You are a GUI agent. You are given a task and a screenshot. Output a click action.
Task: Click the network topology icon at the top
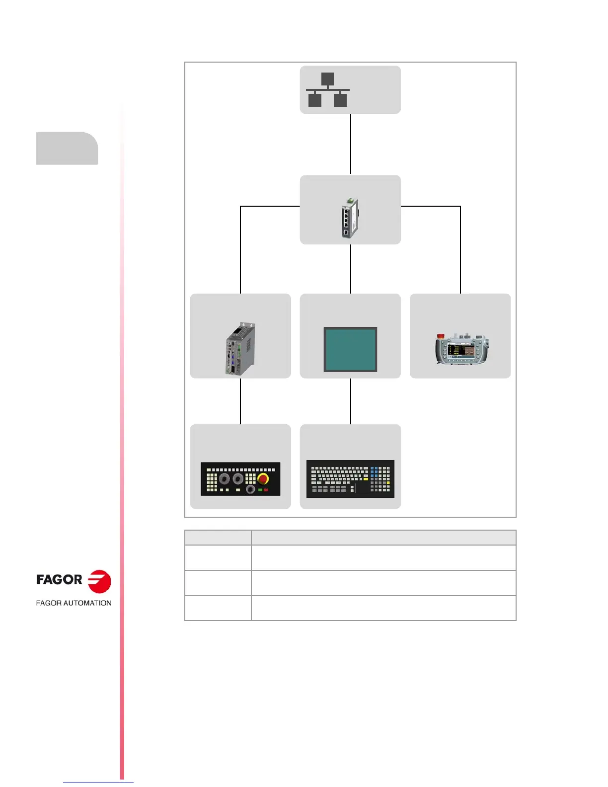tap(327, 90)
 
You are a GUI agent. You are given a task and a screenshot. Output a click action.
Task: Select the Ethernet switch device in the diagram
tap(350, 218)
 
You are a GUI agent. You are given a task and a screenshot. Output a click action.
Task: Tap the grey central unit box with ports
tap(240, 348)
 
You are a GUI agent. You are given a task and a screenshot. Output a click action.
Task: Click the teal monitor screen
tap(350, 349)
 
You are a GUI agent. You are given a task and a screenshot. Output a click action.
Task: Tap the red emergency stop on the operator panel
tap(263, 479)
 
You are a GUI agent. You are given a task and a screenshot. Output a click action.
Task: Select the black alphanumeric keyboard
tap(350, 478)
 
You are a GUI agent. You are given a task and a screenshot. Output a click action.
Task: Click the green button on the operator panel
tap(260, 490)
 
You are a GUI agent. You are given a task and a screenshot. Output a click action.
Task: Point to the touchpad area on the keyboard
tap(362, 487)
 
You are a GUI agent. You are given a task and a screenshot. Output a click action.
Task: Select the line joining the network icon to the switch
tap(351, 144)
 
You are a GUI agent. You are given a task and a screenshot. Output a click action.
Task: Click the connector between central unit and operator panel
tap(240, 401)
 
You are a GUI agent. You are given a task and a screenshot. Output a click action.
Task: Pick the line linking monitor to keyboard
tap(351, 401)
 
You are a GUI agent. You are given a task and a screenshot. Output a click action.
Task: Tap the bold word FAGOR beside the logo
tap(59, 580)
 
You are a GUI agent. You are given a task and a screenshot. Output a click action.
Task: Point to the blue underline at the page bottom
tap(98, 783)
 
